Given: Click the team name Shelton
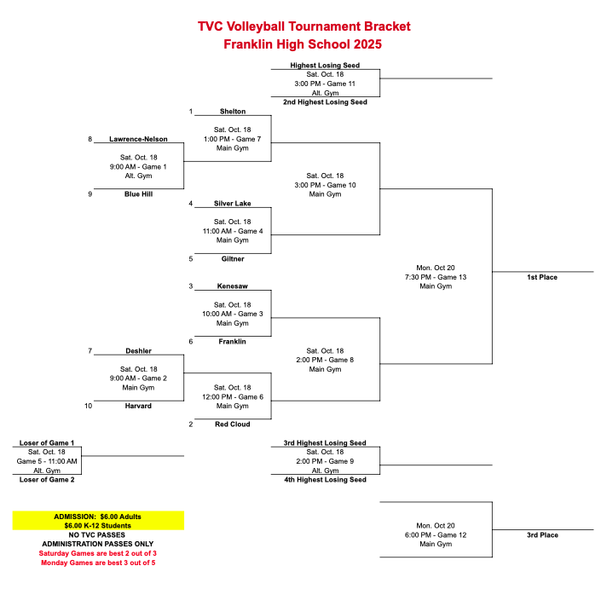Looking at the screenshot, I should point(232,112).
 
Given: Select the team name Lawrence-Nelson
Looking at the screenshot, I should point(138,139).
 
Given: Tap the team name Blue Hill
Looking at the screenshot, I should point(138,193).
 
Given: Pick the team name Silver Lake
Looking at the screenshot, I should point(232,204).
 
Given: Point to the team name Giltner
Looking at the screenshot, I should point(232,258).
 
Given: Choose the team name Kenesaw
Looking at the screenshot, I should point(232,286).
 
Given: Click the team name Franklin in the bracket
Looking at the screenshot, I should point(232,341).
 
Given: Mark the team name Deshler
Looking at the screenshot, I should point(138,350).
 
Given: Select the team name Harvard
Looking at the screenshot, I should point(138,406).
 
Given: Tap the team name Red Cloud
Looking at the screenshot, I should point(232,424).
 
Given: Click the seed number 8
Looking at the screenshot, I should point(90,139).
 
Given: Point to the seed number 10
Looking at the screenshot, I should point(88,406).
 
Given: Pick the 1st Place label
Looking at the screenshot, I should point(542,277).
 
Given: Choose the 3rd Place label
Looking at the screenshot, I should point(542,535).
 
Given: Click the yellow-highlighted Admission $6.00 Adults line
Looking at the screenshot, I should point(97,517).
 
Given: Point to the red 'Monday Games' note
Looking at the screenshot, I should point(98,563).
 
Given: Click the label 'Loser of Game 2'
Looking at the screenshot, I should point(47,480).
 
